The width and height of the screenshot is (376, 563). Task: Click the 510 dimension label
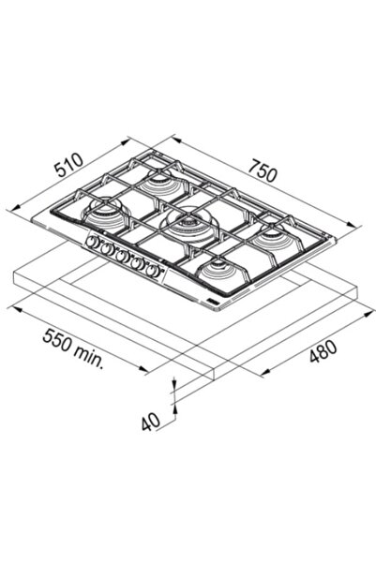click(x=69, y=165)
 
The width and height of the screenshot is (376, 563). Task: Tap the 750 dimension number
click(x=263, y=170)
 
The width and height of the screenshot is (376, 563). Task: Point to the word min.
click(x=88, y=355)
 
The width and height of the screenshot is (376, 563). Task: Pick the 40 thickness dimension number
click(x=151, y=422)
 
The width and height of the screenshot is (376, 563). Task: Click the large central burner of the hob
click(x=188, y=224)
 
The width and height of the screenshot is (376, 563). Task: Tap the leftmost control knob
click(x=92, y=242)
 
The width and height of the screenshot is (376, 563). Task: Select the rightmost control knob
click(x=154, y=270)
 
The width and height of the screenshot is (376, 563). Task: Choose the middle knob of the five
click(x=122, y=256)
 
